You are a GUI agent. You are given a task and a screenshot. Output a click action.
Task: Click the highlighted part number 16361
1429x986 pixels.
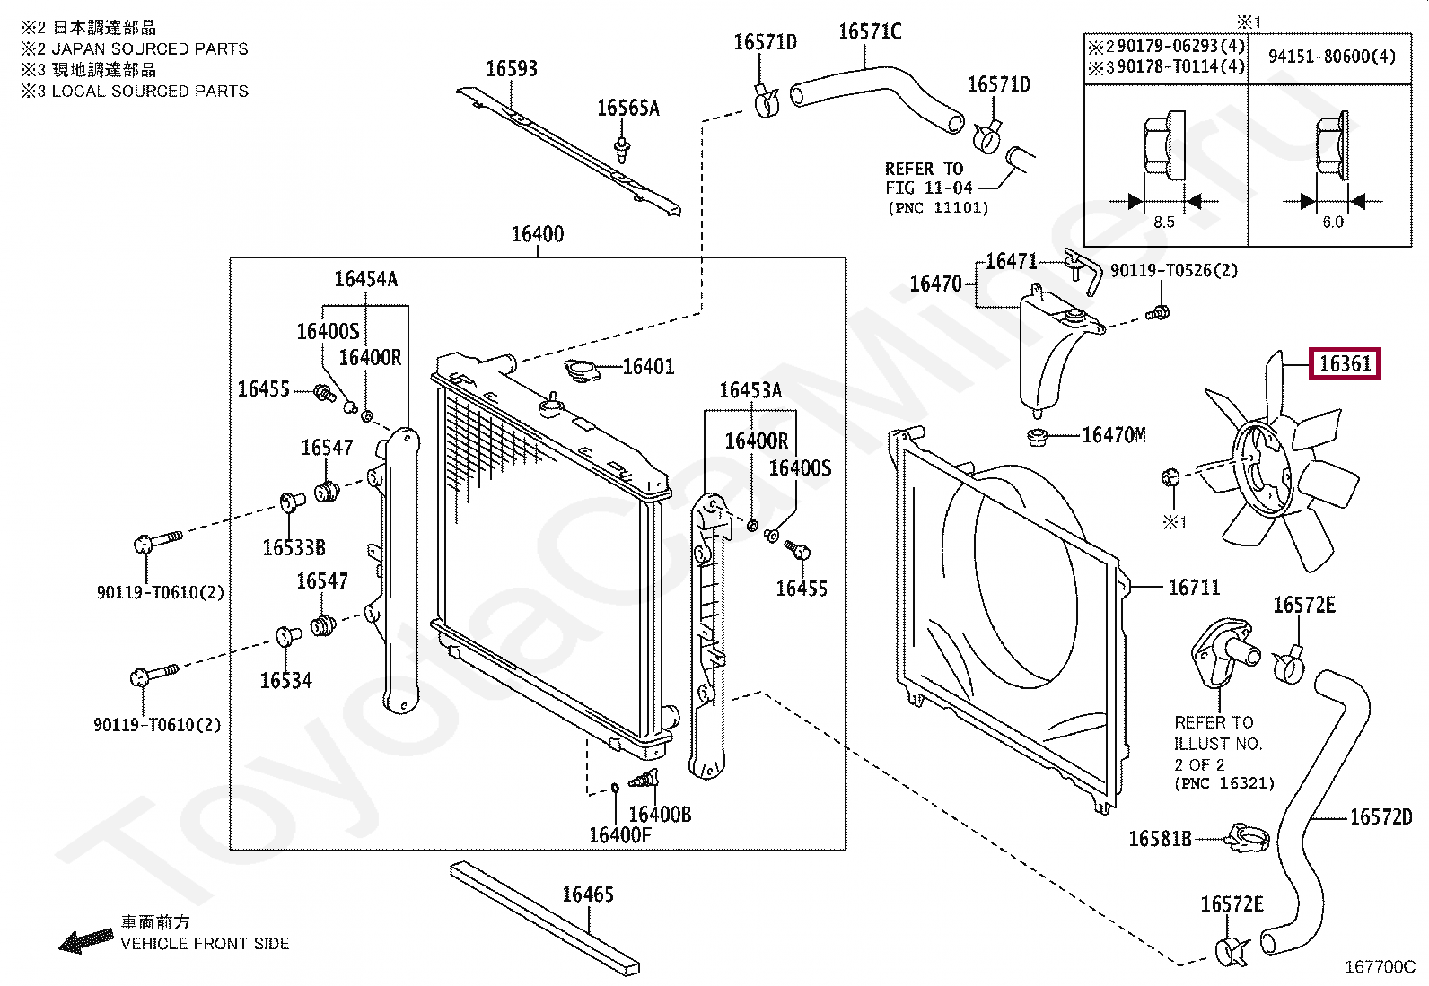pyautogui.click(x=1345, y=363)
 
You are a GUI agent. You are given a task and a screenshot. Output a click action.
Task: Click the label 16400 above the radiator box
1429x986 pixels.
pyautogui.click(x=537, y=234)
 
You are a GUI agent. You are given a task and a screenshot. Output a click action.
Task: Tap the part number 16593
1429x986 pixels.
pyautogui.click(x=511, y=69)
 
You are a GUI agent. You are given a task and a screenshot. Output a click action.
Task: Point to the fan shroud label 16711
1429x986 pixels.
pyautogui.click(x=1193, y=588)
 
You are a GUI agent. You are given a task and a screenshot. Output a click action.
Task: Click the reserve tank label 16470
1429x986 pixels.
pyautogui.click(x=935, y=284)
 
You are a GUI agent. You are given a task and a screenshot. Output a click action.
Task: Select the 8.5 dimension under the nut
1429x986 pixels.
pyautogui.click(x=1163, y=222)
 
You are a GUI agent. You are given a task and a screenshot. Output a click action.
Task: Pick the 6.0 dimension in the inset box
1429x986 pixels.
pyautogui.click(x=1333, y=222)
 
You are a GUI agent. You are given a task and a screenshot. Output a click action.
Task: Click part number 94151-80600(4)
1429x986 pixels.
pyautogui.click(x=1331, y=57)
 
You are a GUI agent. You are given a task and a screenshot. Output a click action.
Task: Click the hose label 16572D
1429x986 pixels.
pyautogui.click(x=1381, y=816)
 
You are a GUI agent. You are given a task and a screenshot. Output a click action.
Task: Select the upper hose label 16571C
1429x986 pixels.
pyautogui.click(x=869, y=32)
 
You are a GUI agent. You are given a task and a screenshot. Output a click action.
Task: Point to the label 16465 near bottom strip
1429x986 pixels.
pyautogui.click(x=587, y=894)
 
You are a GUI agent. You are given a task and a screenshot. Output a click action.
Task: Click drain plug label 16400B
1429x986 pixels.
pyautogui.click(x=659, y=814)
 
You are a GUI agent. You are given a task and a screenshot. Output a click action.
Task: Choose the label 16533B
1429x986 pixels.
pyautogui.click(x=294, y=547)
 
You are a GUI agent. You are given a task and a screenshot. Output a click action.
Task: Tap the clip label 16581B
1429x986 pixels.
pyautogui.click(x=1160, y=839)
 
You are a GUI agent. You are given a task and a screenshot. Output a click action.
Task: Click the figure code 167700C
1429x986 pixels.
pyautogui.click(x=1379, y=966)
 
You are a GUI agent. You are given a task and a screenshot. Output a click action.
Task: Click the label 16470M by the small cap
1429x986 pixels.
pyautogui.click(x=1113, y=435)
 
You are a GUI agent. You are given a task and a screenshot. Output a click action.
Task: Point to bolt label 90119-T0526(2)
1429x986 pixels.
pyautogui.click(x=1173, y=270)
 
